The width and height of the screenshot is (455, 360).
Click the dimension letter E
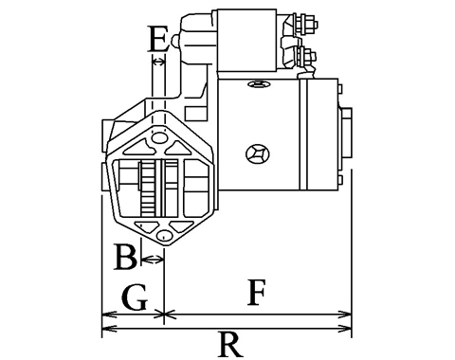tap(158, 39)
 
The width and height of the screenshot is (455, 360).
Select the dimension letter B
tap(125, 257)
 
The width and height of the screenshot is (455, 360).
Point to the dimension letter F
tap(256, 292)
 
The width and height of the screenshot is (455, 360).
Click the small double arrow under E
tap(158, 62)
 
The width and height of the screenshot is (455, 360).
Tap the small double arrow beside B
tap(153, 260)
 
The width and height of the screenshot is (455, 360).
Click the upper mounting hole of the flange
tap(159, 137)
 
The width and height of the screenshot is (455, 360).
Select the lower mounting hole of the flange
tap(164, 236)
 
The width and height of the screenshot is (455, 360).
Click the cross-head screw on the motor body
tap(258, 154)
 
